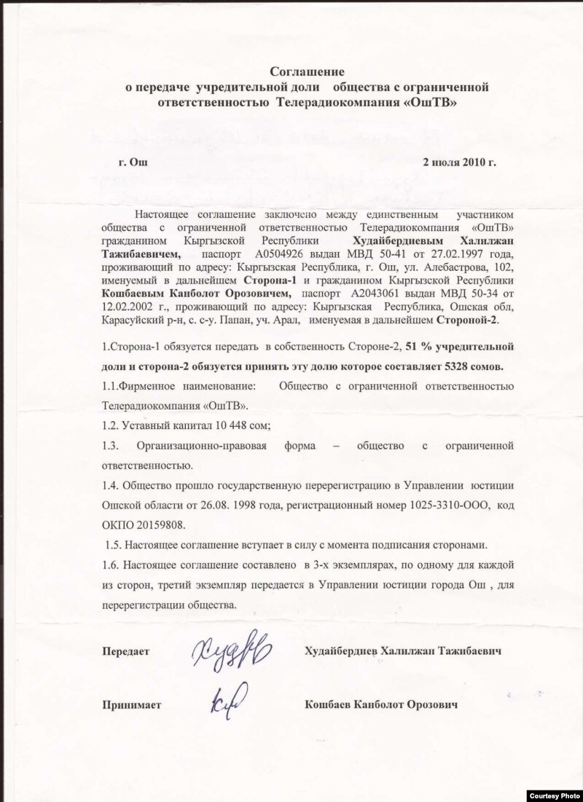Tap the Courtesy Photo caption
[552, 794]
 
